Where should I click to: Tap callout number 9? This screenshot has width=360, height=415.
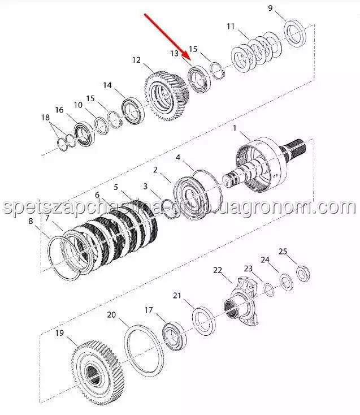270,8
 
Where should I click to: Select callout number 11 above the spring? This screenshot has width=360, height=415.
231,27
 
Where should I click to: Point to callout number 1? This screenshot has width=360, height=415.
235,129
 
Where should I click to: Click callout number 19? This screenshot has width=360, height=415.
59,333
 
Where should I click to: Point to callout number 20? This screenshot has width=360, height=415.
111,315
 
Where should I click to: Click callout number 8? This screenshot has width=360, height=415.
31,221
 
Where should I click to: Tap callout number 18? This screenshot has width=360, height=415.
45,118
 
